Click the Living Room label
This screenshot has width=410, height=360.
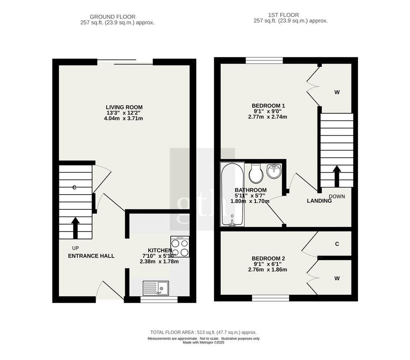click(124, 107)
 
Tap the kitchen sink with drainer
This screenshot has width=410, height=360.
click(156, 288)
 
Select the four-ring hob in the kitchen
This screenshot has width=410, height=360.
click(180, 247)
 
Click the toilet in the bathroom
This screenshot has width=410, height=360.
click(256, 173)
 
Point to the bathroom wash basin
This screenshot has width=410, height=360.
click(274, 171)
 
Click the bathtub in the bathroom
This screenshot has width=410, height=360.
click(233, 194)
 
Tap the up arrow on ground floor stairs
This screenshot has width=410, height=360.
click(76, 228)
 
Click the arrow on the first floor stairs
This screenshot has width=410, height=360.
click(337, 176)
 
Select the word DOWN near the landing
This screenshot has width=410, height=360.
click(337, 196)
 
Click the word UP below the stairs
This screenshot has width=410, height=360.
click(76, 248)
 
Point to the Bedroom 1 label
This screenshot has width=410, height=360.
click(268, 106)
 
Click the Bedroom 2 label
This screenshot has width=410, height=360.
click(268, 259)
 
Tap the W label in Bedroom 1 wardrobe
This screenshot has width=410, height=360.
click(337, 92)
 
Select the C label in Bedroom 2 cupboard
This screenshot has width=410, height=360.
click(337, 244)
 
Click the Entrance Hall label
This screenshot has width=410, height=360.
click(91, 256)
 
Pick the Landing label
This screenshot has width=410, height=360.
click(319, 201)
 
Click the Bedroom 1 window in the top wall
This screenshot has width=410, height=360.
click(264, 60)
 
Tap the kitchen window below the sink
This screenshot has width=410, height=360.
click(159, 300)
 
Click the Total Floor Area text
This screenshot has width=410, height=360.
click(203, 332)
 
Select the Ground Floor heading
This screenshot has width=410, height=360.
click(113, 17)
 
